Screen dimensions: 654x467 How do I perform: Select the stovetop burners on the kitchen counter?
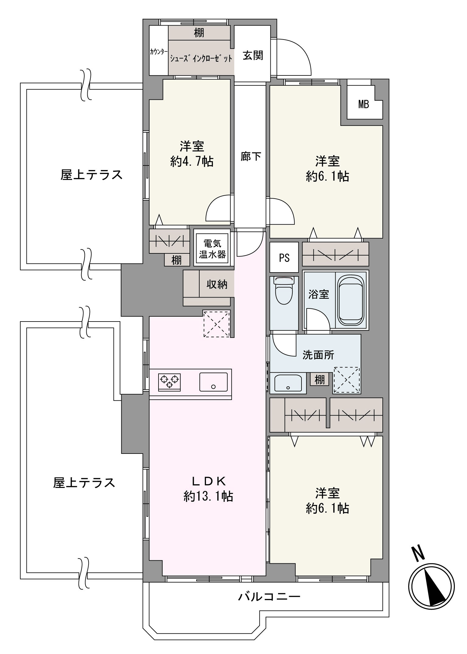coord(169,382)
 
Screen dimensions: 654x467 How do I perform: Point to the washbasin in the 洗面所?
coord(288,383)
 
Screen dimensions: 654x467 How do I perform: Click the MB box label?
coord(363,105)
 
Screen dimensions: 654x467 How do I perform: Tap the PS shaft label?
coord(284,258)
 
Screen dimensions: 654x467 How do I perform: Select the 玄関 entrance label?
coord(253,56)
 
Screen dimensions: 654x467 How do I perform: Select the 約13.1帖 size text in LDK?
coord(208,505)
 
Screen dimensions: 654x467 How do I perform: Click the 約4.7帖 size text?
coord(192,162)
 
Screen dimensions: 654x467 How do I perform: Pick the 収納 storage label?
coord(217,284)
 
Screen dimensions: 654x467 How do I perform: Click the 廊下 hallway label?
coord(251,156)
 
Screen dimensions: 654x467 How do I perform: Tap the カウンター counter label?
coord(159,52)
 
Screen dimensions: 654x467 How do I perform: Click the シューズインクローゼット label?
coord(201,58)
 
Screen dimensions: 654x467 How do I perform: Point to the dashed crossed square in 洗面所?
coord(347,380)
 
